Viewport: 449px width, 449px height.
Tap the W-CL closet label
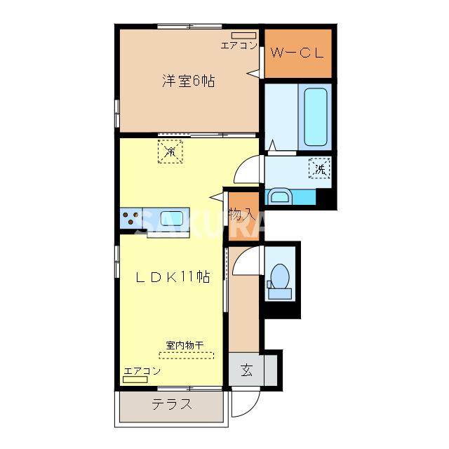[297, 53]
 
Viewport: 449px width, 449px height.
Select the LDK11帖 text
[173, 276]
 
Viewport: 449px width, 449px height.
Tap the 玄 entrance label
[248, 370]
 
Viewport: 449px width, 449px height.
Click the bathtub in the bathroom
[314, 116]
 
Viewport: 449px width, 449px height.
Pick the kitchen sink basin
[172, 218]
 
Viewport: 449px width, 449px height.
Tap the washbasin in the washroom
[280, 196]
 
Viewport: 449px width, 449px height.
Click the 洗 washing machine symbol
[319, 168]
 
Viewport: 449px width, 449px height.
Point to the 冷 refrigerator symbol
[170, 151]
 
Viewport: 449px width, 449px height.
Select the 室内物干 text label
[185, 345]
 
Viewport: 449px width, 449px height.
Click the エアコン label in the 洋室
[239, 46]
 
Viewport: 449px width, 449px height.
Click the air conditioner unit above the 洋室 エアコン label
[243, 34]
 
